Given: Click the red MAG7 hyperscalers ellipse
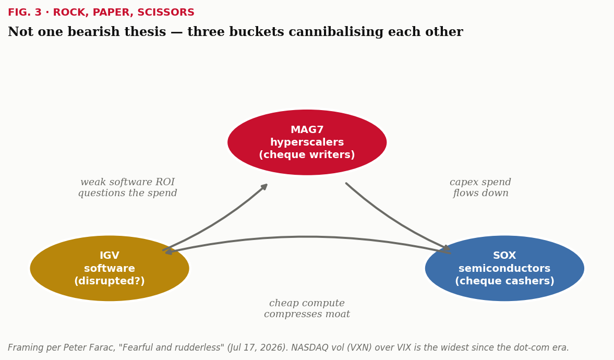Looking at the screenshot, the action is [x=307, y=142].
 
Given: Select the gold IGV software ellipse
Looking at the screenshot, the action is [x=110, y=268].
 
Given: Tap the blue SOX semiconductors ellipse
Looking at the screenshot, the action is [x=505, y=268].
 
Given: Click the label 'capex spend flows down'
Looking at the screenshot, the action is [x=480, y=188].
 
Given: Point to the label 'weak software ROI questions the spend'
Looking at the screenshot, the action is [x=128, y=188].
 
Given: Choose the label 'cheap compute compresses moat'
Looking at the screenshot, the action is [x=307, y=309].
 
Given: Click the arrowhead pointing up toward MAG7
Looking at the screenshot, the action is [x=264, y=187].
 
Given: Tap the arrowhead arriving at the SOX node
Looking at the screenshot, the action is [x=447, y=248].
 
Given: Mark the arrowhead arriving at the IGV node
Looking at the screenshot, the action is [x=169, y=252].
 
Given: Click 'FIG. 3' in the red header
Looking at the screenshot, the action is [x=25, y=13].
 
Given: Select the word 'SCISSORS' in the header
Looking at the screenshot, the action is [x=166, y=13].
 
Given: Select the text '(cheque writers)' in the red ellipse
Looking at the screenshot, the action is [x=307, y=155].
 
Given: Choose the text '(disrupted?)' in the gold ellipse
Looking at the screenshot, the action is [x=110, y=281].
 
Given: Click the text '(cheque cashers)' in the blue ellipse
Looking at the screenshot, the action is [x=505, y=281].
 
